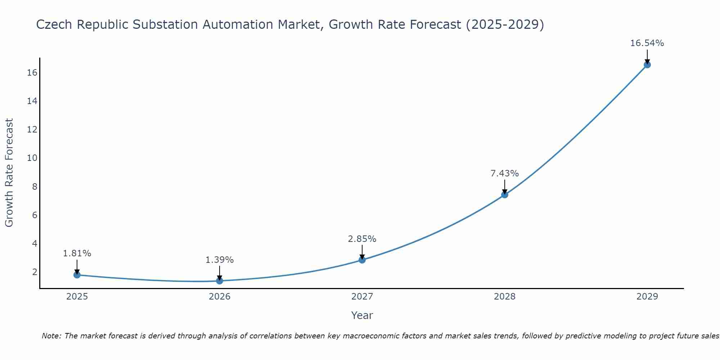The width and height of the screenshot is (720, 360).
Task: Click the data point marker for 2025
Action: pyautogui.click(x=77, y=275)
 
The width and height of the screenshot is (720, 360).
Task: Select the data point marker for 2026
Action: pyautogui.click(x=220, y=281)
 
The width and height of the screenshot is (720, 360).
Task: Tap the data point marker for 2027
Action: pyautogui.click(x=362, y=260)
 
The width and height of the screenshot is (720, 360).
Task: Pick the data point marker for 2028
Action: pyautogui.click(x=505, y=195)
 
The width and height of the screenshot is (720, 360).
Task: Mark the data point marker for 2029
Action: pyautogui.click(x=647, y=65)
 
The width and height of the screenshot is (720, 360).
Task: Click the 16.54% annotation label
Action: pyautogui.click(x=647, y=43)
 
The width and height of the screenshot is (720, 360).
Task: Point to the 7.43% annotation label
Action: pyautogui.click(x=505, y=174)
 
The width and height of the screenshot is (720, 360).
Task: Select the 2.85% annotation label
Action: pyautogui.click(x=362, y=239)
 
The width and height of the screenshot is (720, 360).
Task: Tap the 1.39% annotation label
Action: pyautogui.click(x=220, y=260)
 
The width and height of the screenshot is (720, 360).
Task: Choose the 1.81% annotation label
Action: pyautogui.click(x=77, y=253)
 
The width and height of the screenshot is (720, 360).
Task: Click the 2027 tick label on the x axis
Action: pyautogui.click(x=362, y=297)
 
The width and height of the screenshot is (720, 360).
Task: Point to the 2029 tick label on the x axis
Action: pyautogui.click(x=647, y=297)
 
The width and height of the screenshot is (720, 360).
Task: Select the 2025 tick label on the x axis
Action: pyautogui.click(x=77, y=297)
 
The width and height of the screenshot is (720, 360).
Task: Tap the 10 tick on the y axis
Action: pyautogui.click(x=32, y=158)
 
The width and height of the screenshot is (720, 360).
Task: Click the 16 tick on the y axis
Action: pyautogui.click(x=32, y=73)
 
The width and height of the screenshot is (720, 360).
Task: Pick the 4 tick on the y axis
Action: pyautogui.click(x=35, y=244)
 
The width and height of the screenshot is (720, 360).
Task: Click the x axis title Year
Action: pyautogui.click(x=362, y=315)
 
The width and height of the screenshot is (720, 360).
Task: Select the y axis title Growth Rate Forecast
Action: pyautogui.click(x=9, y=173)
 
